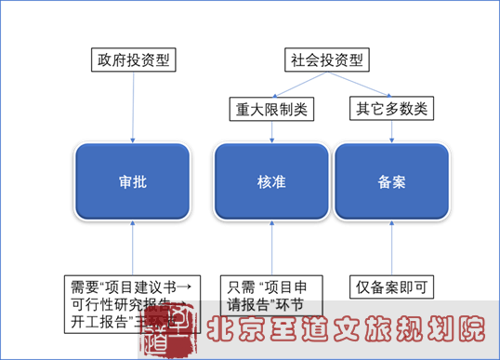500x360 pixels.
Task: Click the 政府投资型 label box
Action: point(133,60)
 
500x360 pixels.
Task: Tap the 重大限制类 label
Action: point(270,109)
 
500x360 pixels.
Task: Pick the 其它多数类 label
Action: point(391,109)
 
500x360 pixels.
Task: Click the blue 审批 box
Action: point(133,181)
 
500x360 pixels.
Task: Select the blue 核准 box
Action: point(270,181)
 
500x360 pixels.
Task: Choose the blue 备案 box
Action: point(391,181)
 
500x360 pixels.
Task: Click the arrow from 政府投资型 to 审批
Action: point(133,107)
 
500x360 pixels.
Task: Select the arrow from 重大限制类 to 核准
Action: point(270,131)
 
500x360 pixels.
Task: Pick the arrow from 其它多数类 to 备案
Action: point(391,131)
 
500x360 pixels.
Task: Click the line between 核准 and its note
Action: point(270,247)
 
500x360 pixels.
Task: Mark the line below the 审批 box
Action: point(133,247)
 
